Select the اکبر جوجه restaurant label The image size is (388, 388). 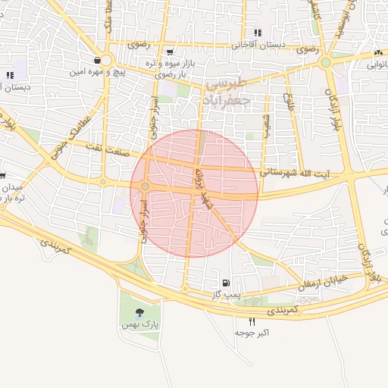tap(252, 333)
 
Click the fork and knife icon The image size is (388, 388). tap(252, 321)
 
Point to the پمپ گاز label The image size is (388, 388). tap(226, 293)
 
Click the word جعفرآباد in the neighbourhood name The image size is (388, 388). tap(227, 99)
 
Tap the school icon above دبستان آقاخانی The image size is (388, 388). tap(258, 33)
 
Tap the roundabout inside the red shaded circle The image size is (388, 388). tap(144, 186)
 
